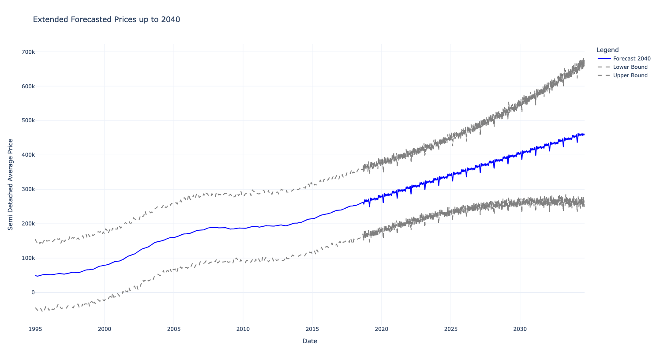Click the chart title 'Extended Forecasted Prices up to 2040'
click(106, 19)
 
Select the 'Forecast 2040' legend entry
click(631, 59)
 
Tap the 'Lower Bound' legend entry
click(630, 67)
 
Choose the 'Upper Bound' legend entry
click(630, 75)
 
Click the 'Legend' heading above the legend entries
click(607, 50)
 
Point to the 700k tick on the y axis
click(28, 52)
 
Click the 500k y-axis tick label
click(28, 120)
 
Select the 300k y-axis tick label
click(28, 189)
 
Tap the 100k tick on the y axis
click(28, 258)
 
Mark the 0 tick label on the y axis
click(33, 292)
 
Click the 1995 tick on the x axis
click(35, 329)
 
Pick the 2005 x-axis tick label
click(174, 329)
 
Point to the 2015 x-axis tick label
click(312, 329)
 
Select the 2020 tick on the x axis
click(382, 329)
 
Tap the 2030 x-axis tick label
click(520, 329)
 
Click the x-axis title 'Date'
click(310, 341)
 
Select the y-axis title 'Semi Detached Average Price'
click(11, 184)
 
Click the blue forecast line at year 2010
click(243, 228)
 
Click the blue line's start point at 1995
click(36, 276)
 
